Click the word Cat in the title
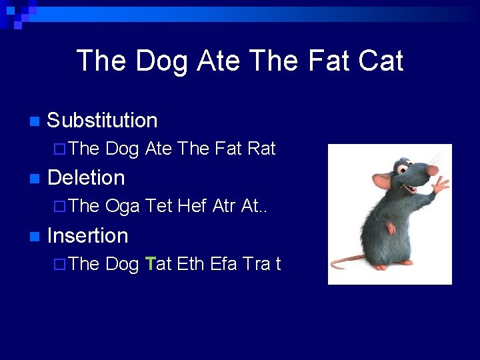click(x=380, y=61)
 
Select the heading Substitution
click(x=103, y=121)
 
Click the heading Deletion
click(x=87, y=178)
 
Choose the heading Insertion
click(x=88, y=235)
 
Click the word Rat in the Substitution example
click(x=261, y=149)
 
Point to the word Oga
click(x=123, y=207)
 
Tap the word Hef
click(x=192, y=207)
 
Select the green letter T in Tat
click(x=149, y=264)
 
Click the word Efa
click(x=224, y=264)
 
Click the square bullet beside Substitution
click(x=35, y=121)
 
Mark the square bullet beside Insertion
click(x=35, y=236)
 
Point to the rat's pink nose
click(x=433, y=171)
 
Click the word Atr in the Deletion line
click(x=224, y=207)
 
